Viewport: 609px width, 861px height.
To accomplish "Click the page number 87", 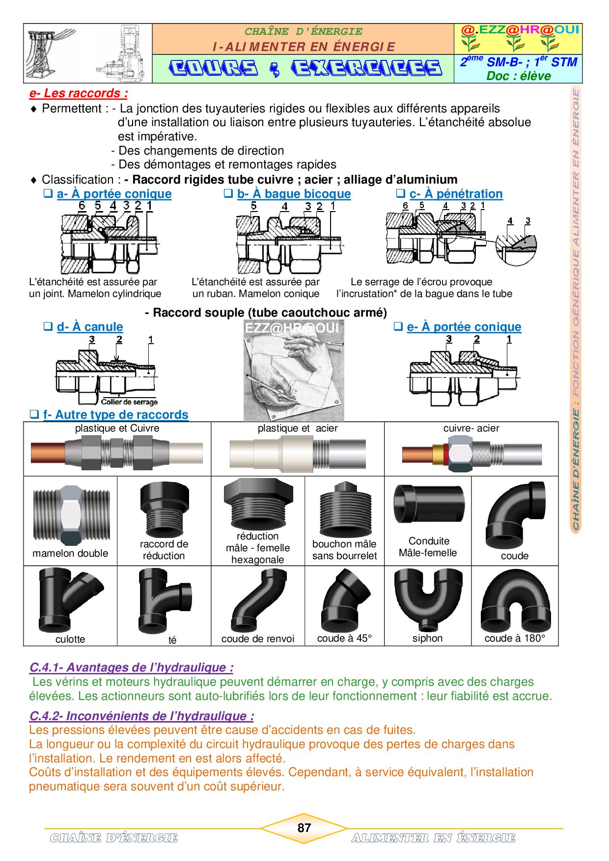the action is coord(304,828).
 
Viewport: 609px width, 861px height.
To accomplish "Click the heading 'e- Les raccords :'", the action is coord(79,93).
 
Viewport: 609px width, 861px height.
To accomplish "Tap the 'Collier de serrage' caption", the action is coord(129,402).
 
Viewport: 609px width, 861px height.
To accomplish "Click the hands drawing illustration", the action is coord(294,371).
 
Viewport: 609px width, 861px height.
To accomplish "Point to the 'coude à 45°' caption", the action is coord(344,638).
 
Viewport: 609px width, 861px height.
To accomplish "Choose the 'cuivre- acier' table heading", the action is coord(471,428).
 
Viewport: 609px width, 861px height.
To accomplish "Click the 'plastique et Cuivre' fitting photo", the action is coord(117,453).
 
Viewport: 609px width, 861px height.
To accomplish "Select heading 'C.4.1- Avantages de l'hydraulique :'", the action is coord(131,668).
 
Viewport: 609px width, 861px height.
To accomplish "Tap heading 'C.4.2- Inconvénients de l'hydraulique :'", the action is coord(141,716).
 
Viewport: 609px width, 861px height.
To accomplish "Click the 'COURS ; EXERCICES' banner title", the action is coord(305,68).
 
